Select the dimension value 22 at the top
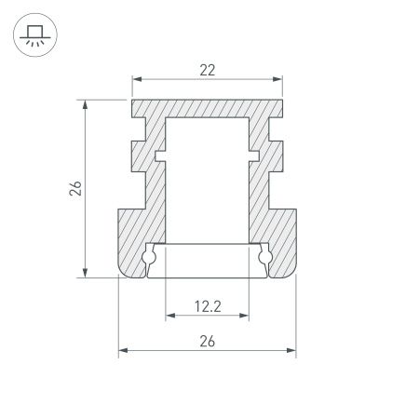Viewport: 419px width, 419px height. (207, 67)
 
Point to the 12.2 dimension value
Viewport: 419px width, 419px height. (207, 304)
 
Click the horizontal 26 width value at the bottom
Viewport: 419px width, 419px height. (207, 341)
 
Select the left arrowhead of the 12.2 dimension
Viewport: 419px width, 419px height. (169, 317)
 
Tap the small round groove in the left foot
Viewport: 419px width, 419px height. (151, 257)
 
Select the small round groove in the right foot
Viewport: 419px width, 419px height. (264, 257)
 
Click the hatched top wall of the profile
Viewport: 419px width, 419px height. (207, 108)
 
